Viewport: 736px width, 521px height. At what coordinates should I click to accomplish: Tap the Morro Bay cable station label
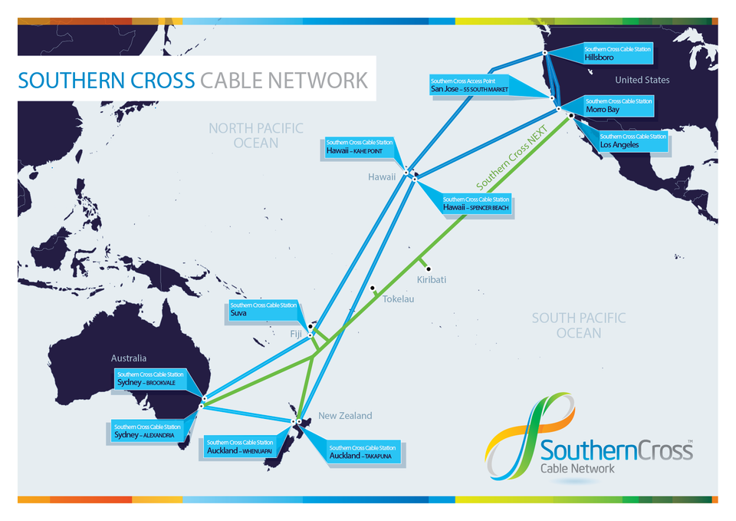coord(619,105)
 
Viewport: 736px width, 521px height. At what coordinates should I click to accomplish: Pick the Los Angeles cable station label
coord(633,140)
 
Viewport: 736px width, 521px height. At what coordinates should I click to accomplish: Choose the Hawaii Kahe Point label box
coord(359,147)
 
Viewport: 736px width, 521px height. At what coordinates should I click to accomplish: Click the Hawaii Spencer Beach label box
coord(475,203)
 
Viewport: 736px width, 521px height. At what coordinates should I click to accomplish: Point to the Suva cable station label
coord(263,309)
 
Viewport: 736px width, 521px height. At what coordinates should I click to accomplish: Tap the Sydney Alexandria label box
coord(148,431)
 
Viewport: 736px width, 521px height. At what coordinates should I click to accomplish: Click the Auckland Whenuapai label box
coord(240,447)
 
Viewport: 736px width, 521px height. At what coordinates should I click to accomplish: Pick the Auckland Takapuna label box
coord(363,451)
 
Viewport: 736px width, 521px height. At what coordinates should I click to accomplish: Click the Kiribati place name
coord(432,280)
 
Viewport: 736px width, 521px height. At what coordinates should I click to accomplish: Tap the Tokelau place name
coord(398,298)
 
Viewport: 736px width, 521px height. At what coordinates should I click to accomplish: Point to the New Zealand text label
coord(345,416)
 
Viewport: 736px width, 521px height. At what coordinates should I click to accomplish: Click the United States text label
coord(642,80)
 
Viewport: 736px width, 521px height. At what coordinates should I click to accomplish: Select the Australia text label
coord(129,358)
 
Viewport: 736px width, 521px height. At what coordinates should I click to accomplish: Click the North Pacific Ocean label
coord(256,135)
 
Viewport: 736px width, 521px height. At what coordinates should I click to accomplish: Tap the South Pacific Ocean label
coord(579,325)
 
